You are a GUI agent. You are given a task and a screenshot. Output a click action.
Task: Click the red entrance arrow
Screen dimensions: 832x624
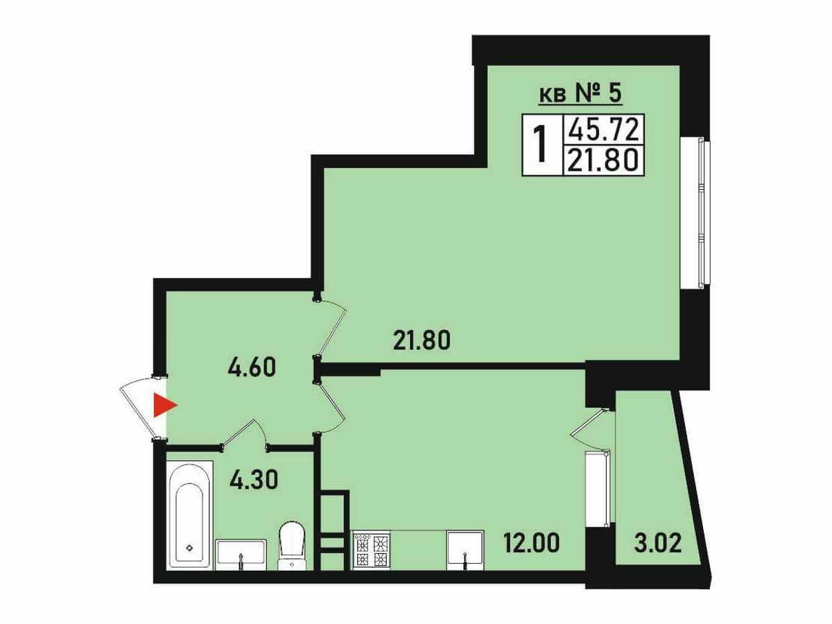[163, 406]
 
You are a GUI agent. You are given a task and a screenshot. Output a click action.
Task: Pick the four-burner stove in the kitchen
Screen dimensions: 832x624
[372, 549]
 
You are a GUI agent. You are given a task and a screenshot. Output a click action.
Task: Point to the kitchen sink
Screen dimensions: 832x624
[465, 550]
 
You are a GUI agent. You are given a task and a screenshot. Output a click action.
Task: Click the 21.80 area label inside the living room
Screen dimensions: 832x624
[422, 340]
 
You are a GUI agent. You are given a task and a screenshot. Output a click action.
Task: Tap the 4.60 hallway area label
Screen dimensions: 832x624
[251, 367]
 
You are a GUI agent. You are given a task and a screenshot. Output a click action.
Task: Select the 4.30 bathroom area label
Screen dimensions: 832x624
[254, 479]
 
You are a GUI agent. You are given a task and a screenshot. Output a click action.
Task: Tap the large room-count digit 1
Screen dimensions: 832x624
[541, 144]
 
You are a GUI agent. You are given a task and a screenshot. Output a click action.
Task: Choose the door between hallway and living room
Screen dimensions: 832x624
[331, 327]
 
